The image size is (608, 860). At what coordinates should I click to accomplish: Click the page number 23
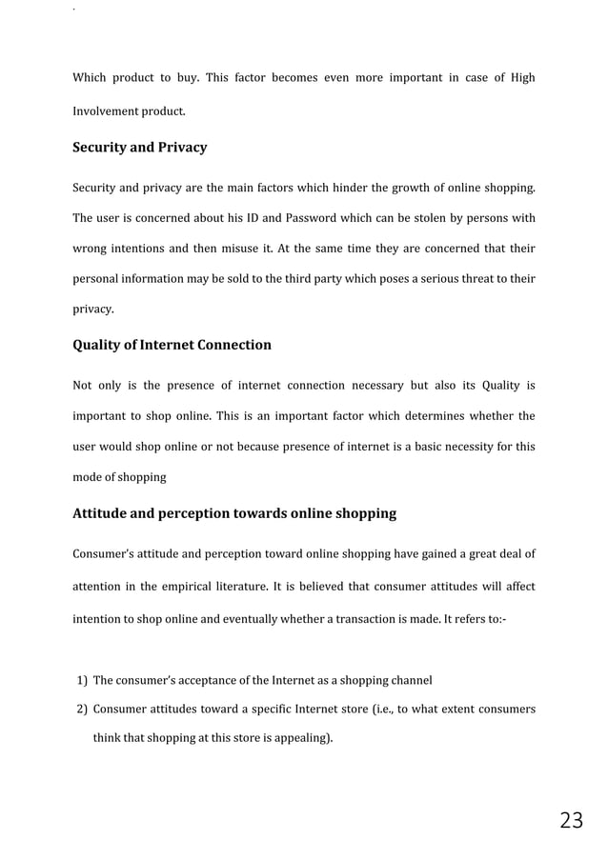571,820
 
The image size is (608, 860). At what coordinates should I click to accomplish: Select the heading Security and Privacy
139,148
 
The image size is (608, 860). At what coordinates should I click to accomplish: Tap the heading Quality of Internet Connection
172,345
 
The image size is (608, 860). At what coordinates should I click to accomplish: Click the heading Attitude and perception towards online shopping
234,513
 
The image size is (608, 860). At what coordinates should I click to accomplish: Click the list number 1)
82,680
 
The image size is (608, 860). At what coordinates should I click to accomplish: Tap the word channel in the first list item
412,680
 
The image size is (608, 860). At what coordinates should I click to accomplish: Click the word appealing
300,736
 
